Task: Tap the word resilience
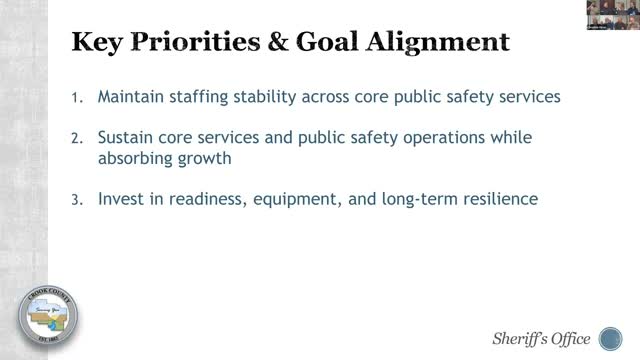(494, 198)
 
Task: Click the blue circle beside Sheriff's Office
(609, 335)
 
